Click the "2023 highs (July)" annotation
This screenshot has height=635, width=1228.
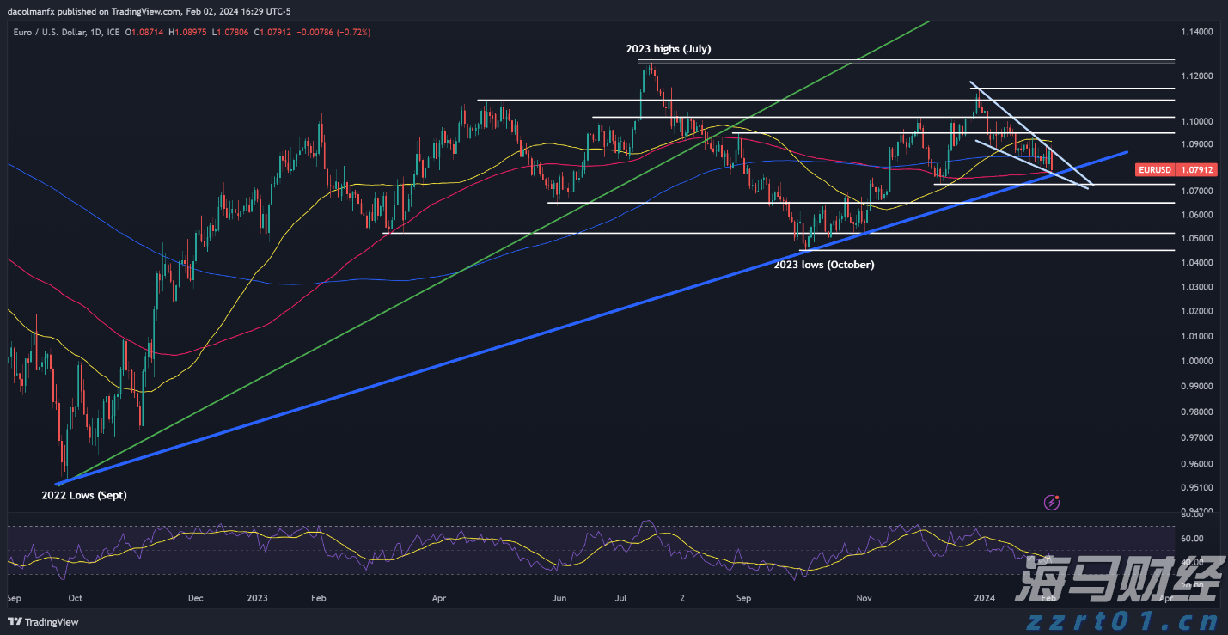click(x=668, y=49)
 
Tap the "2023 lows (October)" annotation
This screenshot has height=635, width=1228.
click(x=825, y=265)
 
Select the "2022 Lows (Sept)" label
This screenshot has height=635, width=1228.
click(x=84, y=495)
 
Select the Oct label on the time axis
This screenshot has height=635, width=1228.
click(x=75, y=597)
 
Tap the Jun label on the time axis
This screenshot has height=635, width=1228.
click(x=559, y=597)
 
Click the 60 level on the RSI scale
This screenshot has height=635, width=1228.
click(x=1190, y=539)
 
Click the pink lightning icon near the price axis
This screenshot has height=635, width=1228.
click(x=1051, y=501)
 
